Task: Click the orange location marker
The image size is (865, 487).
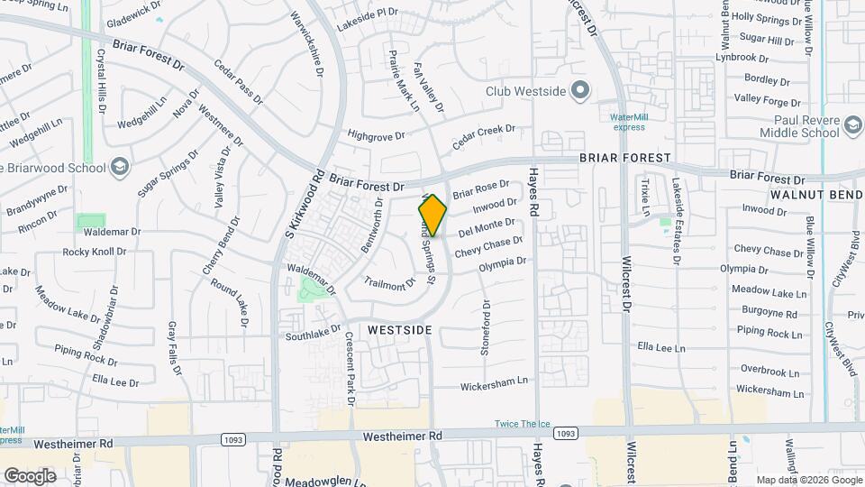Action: [x=432, y=215]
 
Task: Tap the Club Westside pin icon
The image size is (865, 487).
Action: [x=581, y=90]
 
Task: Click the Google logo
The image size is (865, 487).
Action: [x=30, y=476]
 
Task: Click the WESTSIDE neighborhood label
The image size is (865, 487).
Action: [x=400, y=331]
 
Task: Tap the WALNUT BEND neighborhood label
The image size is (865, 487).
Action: [x=816, y=195]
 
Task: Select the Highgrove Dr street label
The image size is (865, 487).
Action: [x=377, y=135]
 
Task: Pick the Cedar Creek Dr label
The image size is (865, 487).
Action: [x=484, y=137]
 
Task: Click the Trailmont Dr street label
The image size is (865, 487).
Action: [x=389, y=284]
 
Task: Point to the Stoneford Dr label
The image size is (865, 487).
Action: [x=485, y=334]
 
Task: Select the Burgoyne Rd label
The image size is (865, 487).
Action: [x=765, y=314]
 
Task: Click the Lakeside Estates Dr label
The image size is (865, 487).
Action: [x=676, y=220]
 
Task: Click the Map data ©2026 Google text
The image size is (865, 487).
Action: [x=807, y=480]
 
